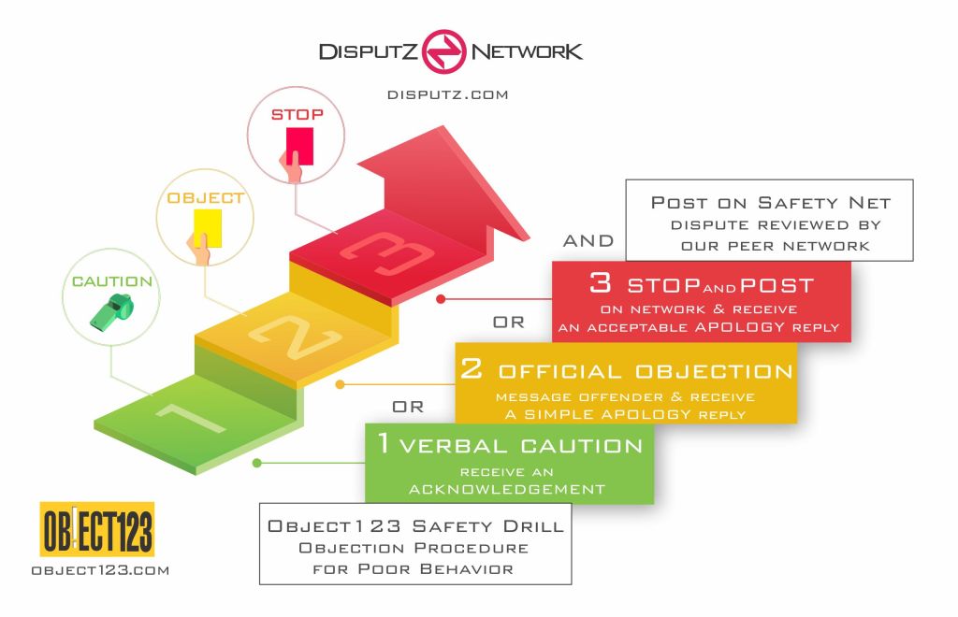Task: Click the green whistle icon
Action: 112,313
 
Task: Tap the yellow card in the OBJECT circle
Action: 206,228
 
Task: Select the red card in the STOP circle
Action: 298,146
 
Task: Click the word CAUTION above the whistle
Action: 112,280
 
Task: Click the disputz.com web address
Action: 447,94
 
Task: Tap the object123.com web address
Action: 99,569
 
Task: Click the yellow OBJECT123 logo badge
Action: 97,529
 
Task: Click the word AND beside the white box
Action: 588,241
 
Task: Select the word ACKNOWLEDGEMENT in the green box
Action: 508,489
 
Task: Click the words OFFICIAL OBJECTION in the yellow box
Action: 646,371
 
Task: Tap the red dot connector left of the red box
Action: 440,300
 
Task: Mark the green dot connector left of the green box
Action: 256,462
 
